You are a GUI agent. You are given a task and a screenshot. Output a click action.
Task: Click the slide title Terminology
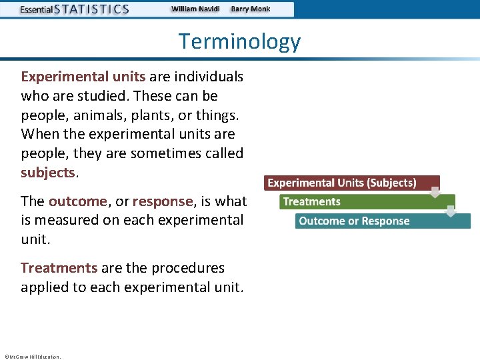239,41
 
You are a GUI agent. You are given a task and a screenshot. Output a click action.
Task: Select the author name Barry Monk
251,9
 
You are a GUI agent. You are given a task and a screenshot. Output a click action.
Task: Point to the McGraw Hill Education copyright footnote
32,357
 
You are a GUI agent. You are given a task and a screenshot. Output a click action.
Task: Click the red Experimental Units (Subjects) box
341,183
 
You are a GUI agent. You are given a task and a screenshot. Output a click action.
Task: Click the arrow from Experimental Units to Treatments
435,193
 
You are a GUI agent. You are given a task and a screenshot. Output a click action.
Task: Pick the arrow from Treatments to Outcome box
451,211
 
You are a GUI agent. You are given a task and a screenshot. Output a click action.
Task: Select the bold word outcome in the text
77,201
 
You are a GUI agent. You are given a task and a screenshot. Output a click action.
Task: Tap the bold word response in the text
163,201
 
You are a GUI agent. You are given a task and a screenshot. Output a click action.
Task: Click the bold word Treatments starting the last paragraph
59,268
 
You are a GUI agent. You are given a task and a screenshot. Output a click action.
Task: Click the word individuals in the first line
208,77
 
